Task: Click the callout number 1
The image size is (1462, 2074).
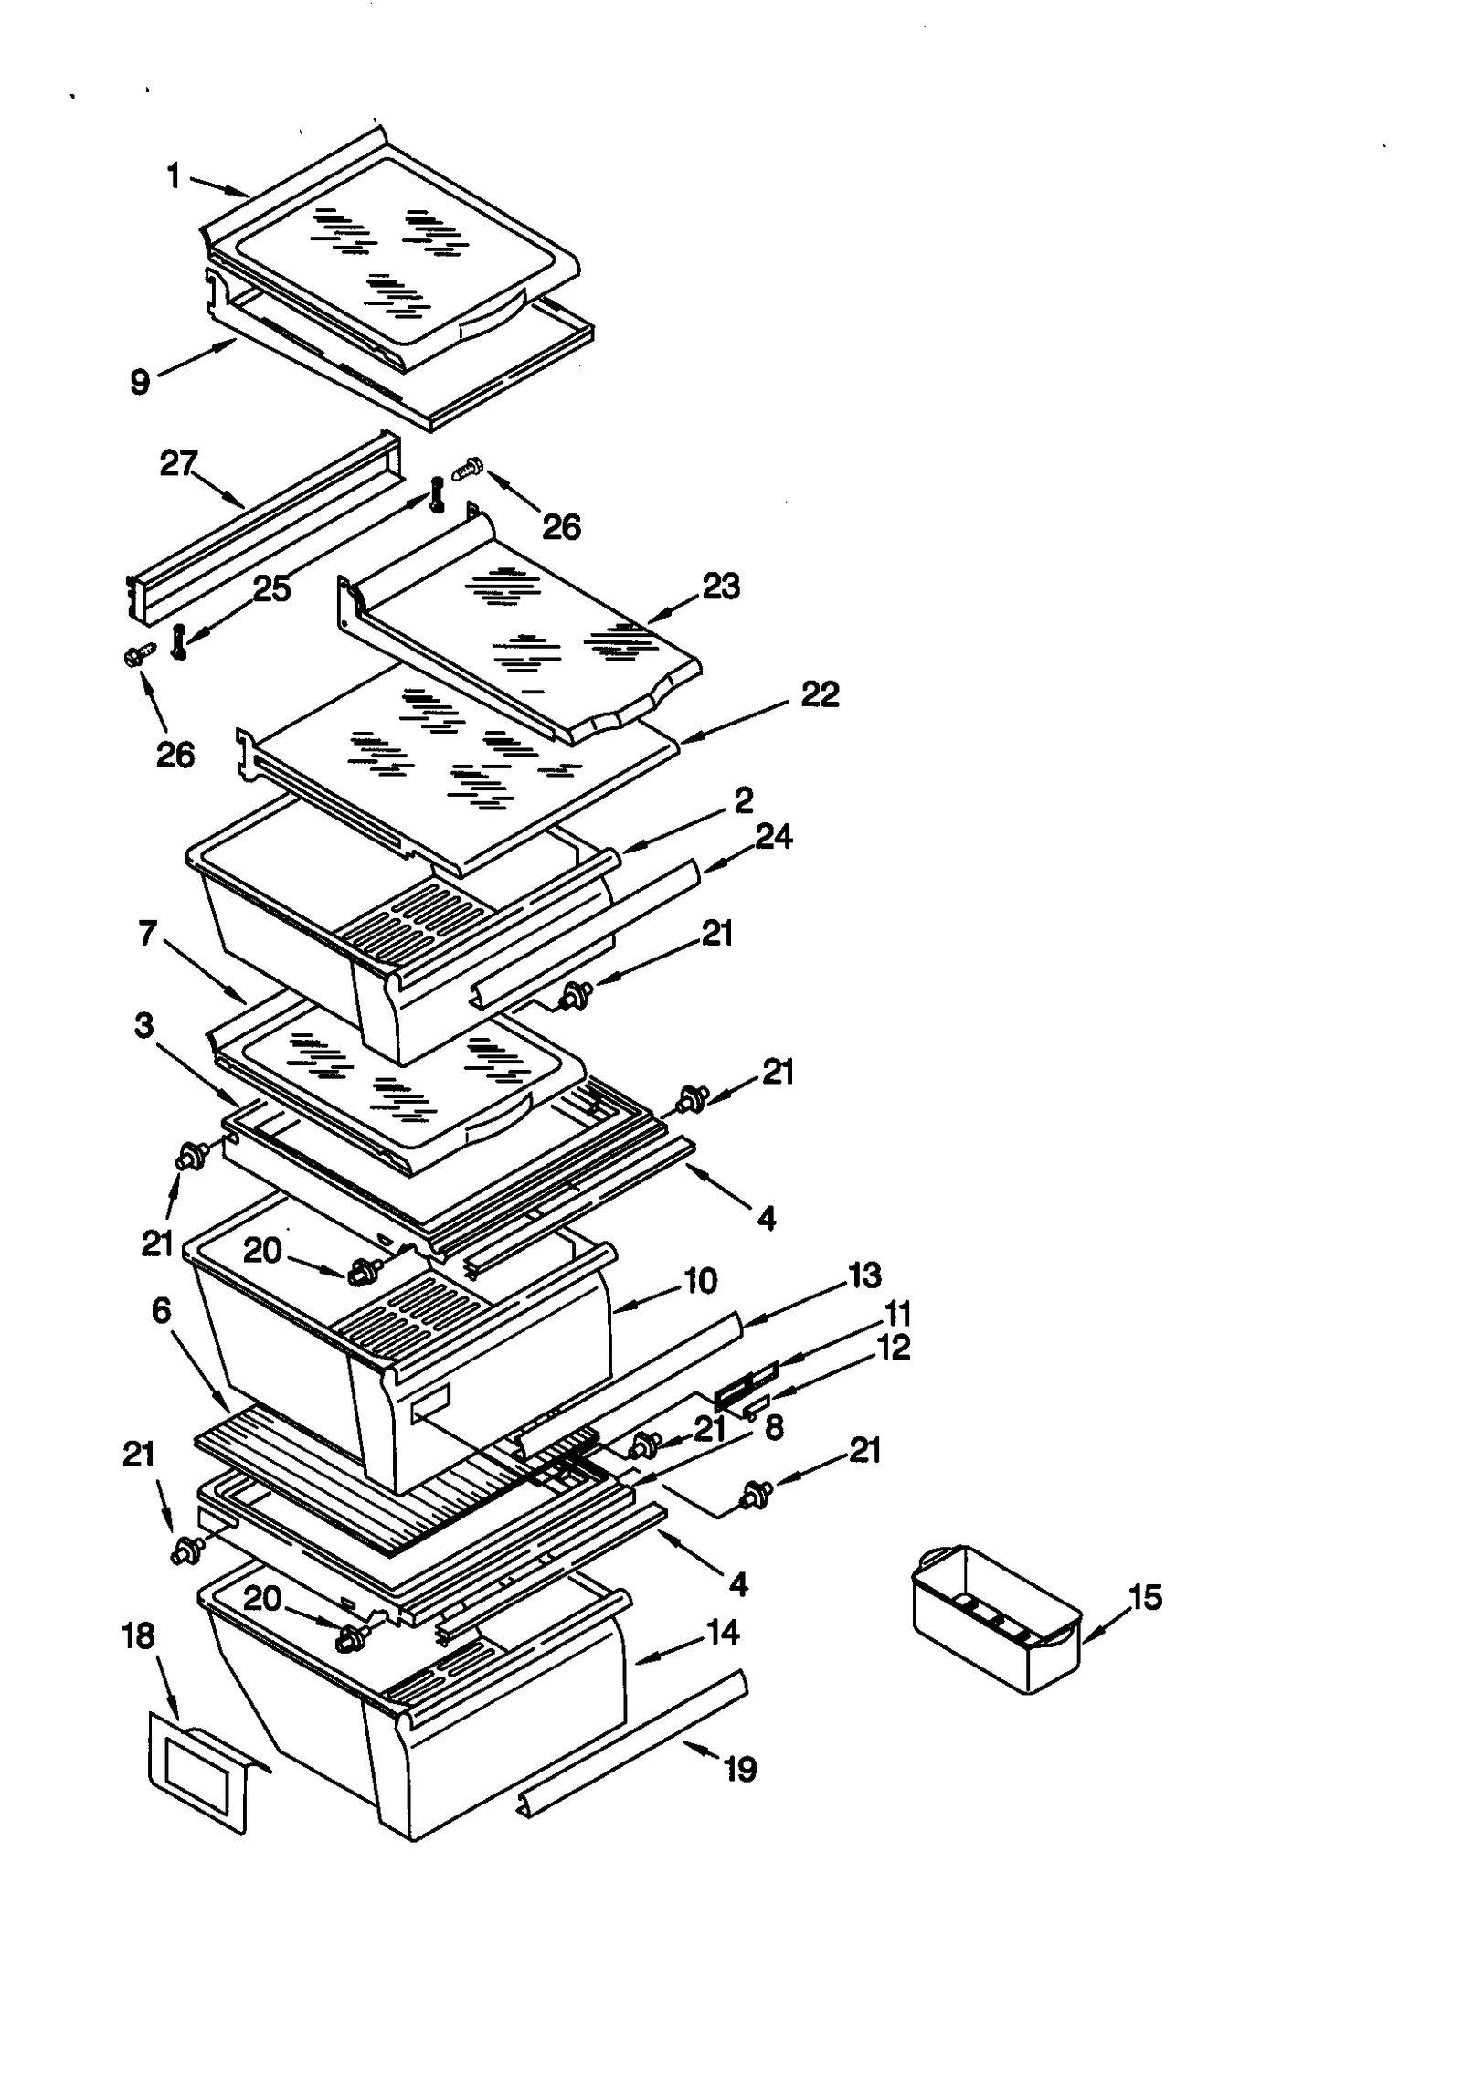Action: pos(174,175)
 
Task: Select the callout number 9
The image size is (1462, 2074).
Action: pos(140,381)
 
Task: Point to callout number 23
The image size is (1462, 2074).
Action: pos(720,586)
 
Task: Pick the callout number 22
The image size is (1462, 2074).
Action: pos(819,694)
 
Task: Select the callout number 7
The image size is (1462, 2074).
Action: pos(148,933)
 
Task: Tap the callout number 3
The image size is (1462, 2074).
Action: pos(143,1026)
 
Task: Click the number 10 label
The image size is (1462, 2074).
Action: pos(700,1281)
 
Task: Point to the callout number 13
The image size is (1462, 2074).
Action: pos(864,1275)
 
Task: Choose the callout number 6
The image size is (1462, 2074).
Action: pos(161,1311)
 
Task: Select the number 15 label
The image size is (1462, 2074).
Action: pos(1145,1597)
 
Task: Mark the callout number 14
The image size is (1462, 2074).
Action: pos(723,1632)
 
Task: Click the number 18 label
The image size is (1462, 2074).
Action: pos(138,1636)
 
